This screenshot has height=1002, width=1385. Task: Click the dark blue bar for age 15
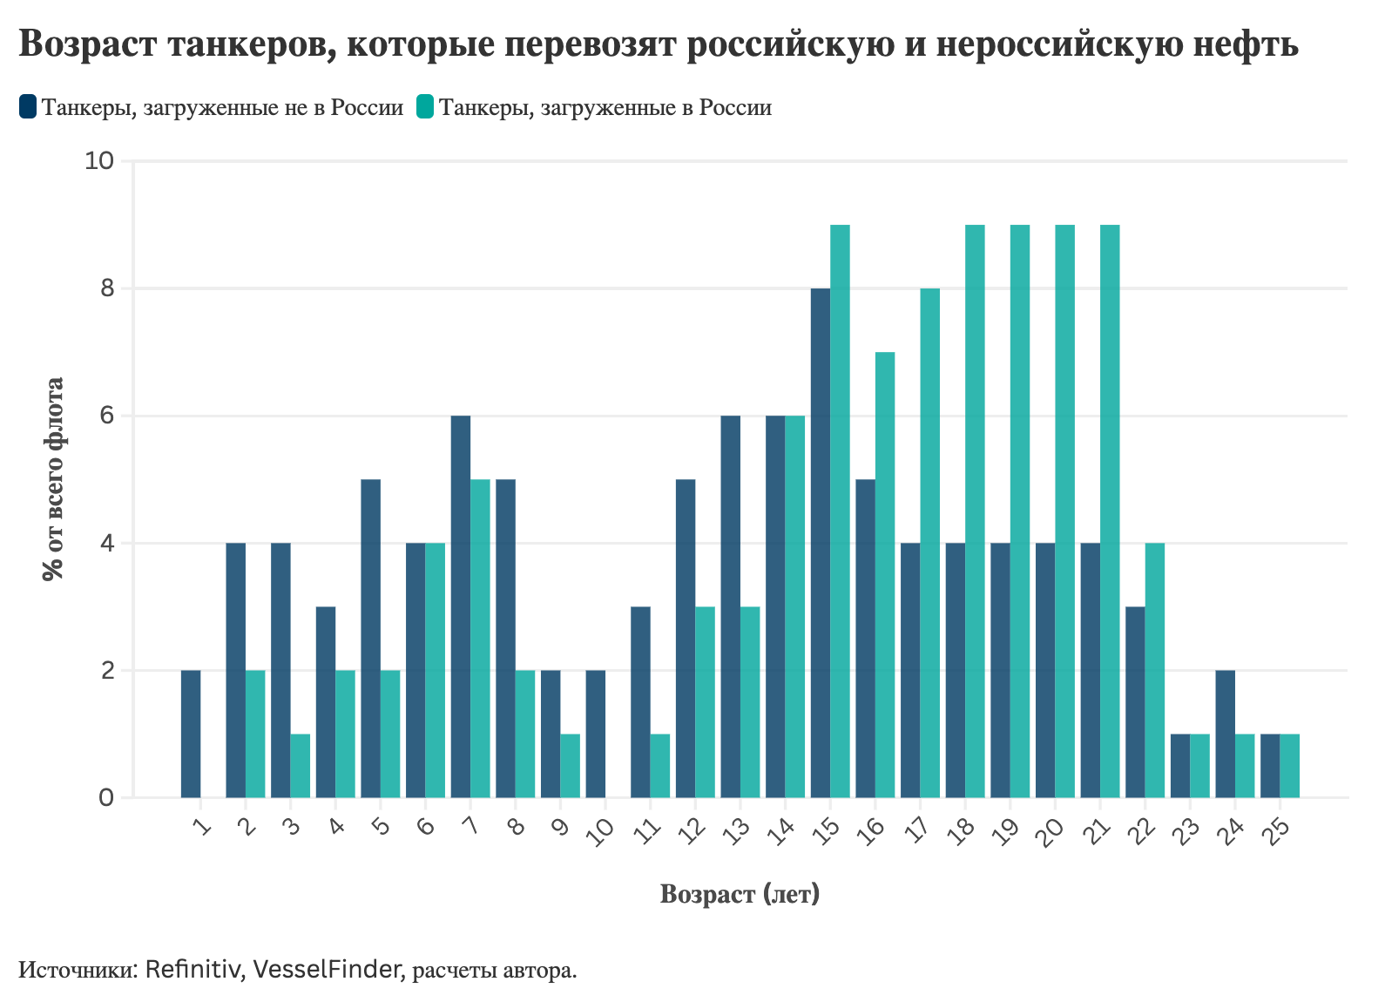tap(821, 543)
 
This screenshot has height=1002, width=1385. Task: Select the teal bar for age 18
tap(976, 511)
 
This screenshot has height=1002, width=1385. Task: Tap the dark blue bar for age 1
tap(191, 734)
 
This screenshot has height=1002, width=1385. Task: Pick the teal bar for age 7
tap(481, 639)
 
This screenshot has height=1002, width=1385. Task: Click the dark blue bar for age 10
tap(596, 734)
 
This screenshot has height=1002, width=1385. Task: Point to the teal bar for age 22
tap(1155, 670)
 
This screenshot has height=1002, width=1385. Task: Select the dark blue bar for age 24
tap(1225, 734)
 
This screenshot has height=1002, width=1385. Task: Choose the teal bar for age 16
tap(885, 575)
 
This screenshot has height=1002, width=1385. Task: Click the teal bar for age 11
tap(660, 766)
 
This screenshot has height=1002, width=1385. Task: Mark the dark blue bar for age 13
tap(731, 606)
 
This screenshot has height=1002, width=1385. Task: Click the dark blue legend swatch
tap(28, 107)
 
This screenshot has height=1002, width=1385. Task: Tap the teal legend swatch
tap(425, 107)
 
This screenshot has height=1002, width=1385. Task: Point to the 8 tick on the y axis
tap(107, 288)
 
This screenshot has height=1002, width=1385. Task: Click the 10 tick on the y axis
tap(100, 161)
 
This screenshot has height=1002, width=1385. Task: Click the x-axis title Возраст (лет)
tap(740, 894)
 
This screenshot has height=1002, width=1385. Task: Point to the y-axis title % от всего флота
tap(54, 479)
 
